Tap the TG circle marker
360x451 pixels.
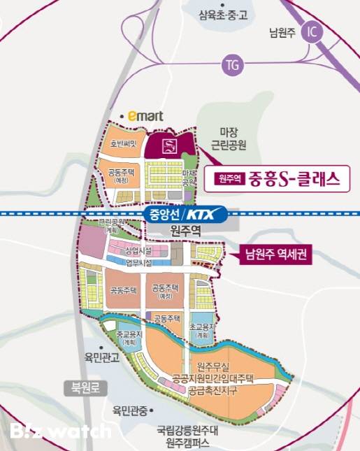tap(231, 66)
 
